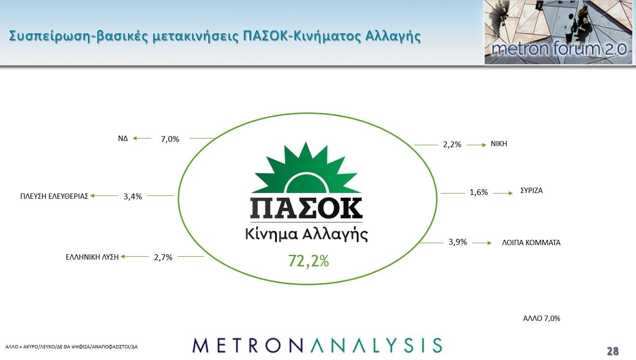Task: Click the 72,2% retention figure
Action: coord(309,261)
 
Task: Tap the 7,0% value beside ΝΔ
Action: coord(170,139)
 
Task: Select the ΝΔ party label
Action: coord(123,138)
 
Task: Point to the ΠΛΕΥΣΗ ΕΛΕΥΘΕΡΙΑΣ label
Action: coord(54,196)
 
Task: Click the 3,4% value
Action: coord(133,196)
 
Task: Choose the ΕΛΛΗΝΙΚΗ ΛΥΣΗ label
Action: coord(92,257)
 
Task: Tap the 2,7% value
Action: coord(163,257)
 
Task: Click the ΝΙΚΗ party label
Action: coord(499,144)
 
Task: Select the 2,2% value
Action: coord(452,145)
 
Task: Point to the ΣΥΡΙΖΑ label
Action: coord(531,190)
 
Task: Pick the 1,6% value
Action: coord(479,193)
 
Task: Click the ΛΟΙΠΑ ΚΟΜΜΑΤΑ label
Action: coord(531,243)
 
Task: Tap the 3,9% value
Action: coord(458,242)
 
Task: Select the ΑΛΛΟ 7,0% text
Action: coord(541,318)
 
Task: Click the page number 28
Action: coord(613,351)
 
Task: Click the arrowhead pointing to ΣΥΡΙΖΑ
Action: coord(511,193)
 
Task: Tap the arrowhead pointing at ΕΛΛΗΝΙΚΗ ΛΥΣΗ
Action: coord(123,256)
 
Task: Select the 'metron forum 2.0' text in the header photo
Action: coord(559,49)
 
